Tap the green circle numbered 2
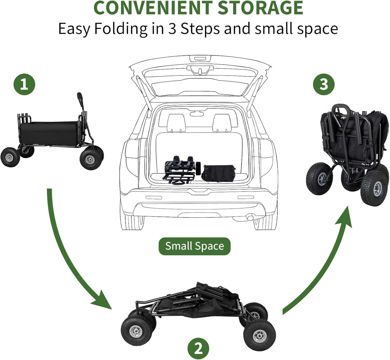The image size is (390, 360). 198,348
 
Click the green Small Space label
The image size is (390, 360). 195,246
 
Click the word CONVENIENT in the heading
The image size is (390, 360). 153,8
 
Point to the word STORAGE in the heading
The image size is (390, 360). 260,8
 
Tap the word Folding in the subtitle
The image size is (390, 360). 121,29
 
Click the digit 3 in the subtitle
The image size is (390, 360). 173,29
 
